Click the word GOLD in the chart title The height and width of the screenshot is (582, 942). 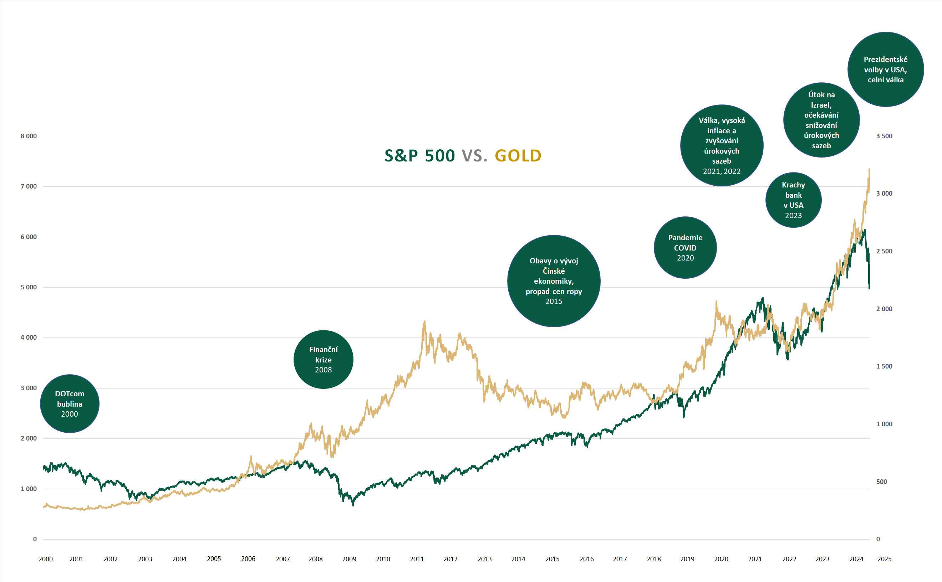518,155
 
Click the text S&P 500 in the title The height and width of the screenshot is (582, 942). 420,155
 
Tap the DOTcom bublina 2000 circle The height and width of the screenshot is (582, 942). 70,403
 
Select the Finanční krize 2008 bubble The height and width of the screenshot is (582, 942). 324,360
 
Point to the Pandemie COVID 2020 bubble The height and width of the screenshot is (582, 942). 685,247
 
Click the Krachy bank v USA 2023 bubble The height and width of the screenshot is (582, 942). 793,200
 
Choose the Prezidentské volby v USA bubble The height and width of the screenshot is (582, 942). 885,69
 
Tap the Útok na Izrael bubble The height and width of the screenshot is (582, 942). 821,120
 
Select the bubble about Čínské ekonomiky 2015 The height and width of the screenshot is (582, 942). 554,281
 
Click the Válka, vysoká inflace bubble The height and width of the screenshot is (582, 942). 722,145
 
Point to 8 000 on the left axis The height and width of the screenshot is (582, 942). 29,136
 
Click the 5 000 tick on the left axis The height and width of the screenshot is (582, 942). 29,287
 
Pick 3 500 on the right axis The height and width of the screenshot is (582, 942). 884,136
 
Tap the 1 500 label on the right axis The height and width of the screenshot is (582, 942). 884,366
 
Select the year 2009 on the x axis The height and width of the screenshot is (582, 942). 349,559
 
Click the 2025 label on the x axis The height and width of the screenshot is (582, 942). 884,559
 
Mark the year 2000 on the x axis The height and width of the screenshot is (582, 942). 45,559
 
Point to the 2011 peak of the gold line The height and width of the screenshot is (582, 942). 424,321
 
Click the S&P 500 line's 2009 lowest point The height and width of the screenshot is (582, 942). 353,505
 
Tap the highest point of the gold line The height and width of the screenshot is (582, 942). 869,169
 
